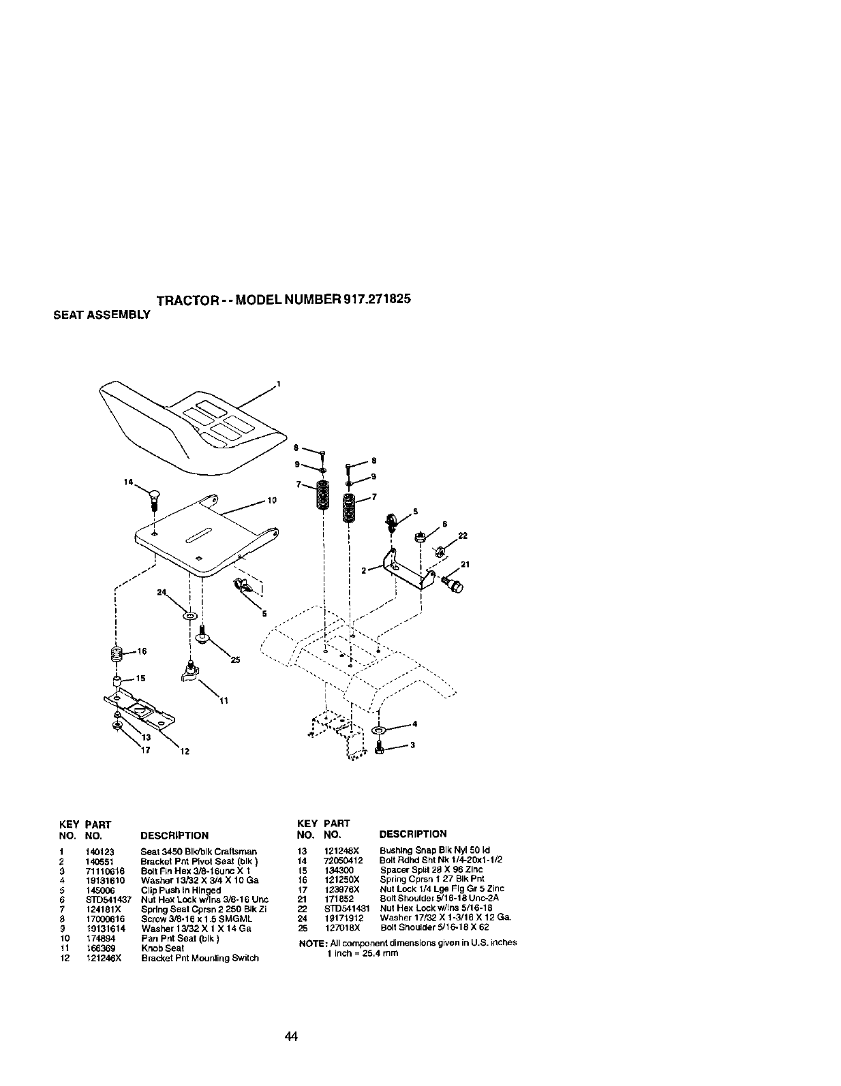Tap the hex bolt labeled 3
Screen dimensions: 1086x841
pos(380,749)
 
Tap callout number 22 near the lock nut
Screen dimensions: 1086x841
pos(463,536)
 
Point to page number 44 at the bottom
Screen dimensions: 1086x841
pos(292,1037)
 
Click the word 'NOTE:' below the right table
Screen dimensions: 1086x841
pos(311,943)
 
